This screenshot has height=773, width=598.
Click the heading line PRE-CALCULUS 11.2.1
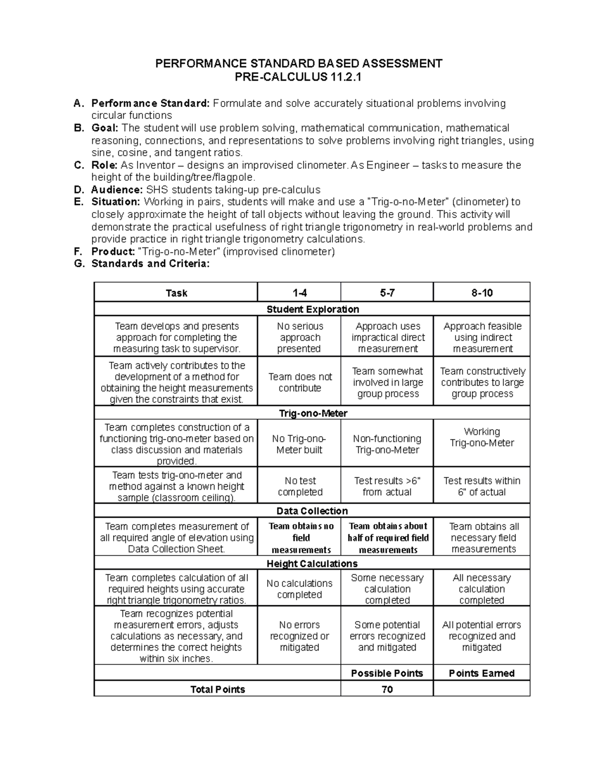(299, 77)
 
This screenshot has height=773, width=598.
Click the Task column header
(176, 293)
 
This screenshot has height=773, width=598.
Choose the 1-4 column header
(299, 293)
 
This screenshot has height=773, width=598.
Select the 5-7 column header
(387, 293)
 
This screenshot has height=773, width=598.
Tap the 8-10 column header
(482, 293)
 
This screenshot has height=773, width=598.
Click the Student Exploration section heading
(312, 309)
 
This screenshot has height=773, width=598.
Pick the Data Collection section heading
(312, 511)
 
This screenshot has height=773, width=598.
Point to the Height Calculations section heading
(312, 563)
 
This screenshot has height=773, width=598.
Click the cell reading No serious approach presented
(299, 337)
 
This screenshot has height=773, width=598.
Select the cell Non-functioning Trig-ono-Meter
(387, 444)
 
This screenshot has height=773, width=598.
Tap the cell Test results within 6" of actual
(482, 486)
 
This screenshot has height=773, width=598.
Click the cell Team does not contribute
(299, 382)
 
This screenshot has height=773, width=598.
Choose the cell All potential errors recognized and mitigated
(482, 636)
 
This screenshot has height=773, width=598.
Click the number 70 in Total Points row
(387, 689)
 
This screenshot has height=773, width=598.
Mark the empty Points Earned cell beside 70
(482, 689)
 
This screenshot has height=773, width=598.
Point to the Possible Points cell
(387, 673)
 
